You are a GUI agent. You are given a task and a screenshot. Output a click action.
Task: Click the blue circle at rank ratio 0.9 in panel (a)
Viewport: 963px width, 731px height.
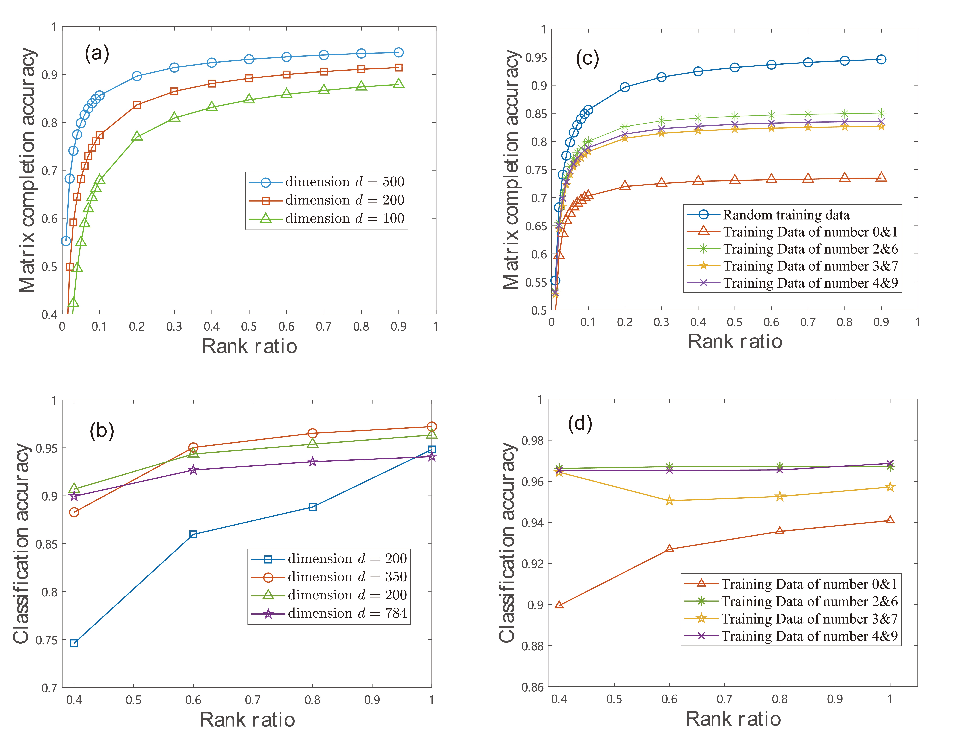click(398, 53)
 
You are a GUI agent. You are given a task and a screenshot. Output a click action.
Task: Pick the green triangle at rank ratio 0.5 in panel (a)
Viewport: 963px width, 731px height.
click(249, 99)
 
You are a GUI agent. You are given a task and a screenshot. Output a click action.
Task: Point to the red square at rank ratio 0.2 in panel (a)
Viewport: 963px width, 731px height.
click(137, 105)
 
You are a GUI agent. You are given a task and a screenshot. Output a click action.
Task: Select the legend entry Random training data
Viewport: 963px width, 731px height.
click(786, 215)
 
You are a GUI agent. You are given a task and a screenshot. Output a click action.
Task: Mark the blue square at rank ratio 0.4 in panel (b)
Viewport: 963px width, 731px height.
click(74, 643)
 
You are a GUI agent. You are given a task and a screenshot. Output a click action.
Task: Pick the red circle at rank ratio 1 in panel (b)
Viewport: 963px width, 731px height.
click(431, 427)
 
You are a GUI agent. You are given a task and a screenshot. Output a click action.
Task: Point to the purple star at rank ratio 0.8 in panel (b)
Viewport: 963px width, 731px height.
click(312, 462)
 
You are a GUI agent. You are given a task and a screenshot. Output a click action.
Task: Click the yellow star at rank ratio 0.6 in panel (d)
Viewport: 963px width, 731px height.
click(670, 501)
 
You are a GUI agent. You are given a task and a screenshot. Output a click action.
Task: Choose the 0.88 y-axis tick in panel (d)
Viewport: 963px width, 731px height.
click(533, 646)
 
